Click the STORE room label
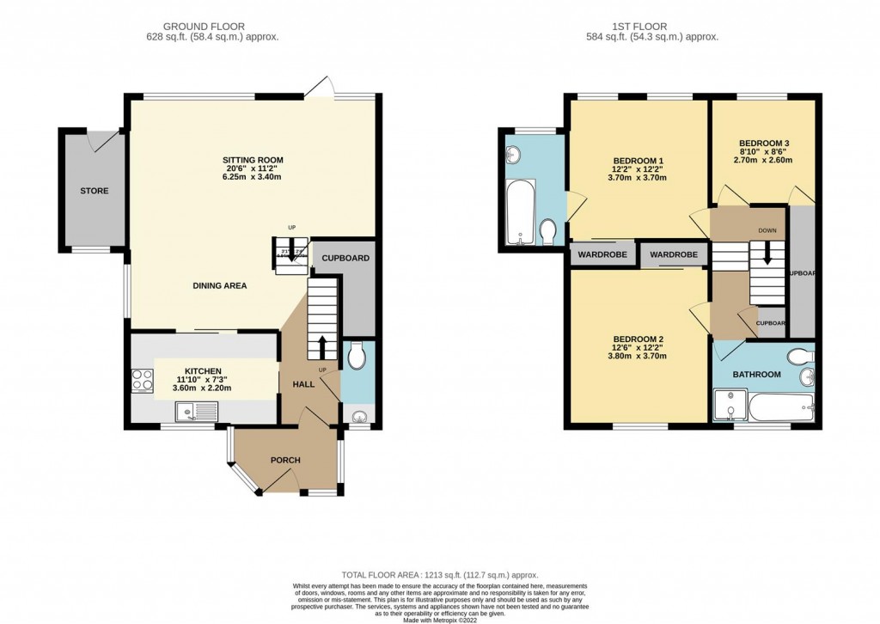pyautogui.click(x=94, y=191)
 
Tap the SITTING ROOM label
pyautogui.click(x=253, y=160)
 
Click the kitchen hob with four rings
pyautogui.click(x=142, y=380)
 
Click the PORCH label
pyautogui.click(x=285, y=460)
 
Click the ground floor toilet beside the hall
pyautogui.click(x=357, y=354)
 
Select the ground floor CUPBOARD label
pyautogui.click(x=345, y=258)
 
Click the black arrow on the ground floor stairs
pyautogui.click(x=323, y=346)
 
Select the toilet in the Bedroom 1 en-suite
pyautogui.click(x=547, y=230)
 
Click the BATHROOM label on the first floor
pyautogui.click(x=756, y=375)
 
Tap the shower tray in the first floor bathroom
pyautogui.click(x=728, y=406)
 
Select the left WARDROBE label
pyautogui.click(x=602, y=255)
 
